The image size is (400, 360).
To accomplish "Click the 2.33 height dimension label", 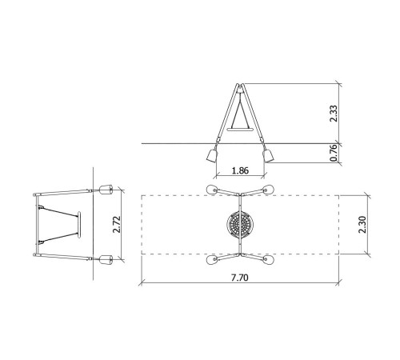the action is pos(334,114).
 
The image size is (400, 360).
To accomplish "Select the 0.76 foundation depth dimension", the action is pos(334,153).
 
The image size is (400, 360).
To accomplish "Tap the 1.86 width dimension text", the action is pos(240,170).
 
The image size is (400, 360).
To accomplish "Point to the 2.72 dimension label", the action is pos(117,225).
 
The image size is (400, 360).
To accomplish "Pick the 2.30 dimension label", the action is pos(362,225).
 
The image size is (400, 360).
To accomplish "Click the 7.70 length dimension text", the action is pos(239,278).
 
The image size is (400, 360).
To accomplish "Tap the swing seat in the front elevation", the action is pos(240,130).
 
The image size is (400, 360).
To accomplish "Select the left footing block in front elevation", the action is pos(212,156).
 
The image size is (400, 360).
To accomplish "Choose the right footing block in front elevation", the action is pos(269,156).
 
